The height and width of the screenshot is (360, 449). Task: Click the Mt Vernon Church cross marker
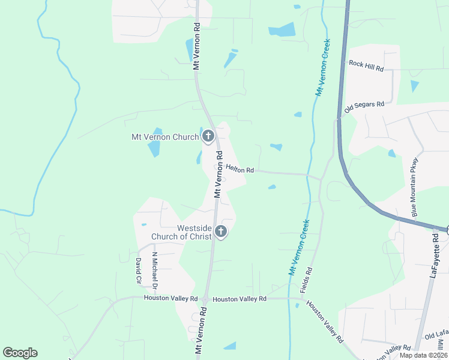[x=208, y=136]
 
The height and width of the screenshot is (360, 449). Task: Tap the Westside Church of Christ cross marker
[x=221, y=231]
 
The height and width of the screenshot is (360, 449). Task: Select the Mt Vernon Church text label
[x=165, y=137]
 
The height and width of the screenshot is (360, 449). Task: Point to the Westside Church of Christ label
[x=194, y=232]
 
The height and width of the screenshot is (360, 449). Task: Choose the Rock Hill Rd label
[x=366, y=65]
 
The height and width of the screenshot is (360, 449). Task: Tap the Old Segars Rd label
[x=364, y=107]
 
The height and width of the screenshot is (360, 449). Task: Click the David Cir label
[x=137, y=271]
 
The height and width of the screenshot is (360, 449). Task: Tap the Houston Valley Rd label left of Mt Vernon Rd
[x=170, y=298]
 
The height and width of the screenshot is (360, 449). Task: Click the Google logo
[x=20, y=353]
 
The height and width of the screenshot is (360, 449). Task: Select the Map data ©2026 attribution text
[x=423, y=355]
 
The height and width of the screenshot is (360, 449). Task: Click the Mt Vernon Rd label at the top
[x=196, y=47]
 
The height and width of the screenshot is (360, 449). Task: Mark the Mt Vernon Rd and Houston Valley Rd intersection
[x=205, y=299]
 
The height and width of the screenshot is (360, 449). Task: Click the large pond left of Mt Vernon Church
[x=155, y=143]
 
